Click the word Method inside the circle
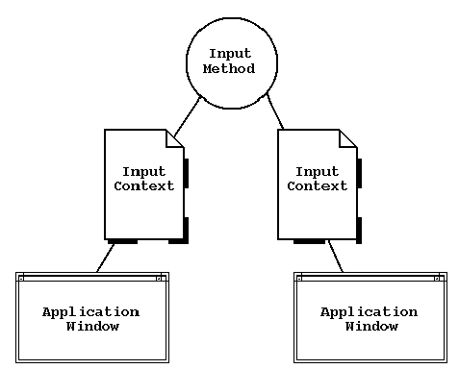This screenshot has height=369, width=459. (231, 69)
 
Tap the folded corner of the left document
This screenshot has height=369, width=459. (175, 138)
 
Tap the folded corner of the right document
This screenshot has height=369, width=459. (347, 138)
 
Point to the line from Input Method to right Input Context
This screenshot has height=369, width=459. (274, 111)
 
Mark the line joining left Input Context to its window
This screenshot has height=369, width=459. (105, 258)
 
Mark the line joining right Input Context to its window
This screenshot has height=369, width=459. (336, 257)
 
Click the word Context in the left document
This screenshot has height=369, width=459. (144, 186)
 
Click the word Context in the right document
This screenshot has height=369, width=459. (317, 186)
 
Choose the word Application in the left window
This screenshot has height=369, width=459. (91, 312)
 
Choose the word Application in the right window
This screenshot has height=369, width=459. (370, 312)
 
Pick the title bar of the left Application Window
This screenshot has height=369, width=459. (91, 278)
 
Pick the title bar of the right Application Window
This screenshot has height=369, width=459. (370, 278)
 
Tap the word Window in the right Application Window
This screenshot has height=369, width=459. (370, 327)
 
